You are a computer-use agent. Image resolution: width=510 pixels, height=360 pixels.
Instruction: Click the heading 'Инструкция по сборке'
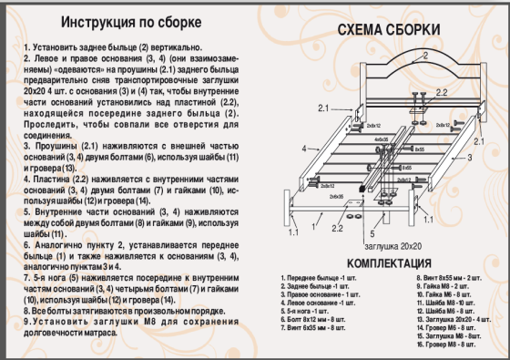[126, 23]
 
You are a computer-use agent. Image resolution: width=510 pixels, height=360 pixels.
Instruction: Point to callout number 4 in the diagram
[304, 147]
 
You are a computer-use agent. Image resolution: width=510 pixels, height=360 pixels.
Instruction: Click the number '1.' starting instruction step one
[26, 46]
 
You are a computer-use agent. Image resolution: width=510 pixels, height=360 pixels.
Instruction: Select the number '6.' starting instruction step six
[26, 246]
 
